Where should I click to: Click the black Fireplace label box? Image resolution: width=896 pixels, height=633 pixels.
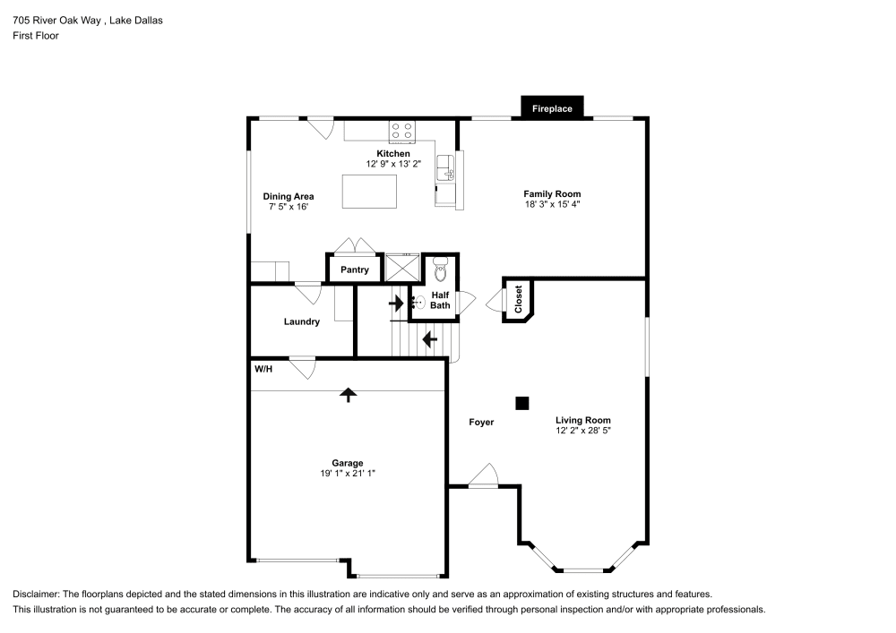552,108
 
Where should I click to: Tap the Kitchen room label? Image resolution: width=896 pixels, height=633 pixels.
392,154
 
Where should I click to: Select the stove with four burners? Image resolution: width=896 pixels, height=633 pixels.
401,132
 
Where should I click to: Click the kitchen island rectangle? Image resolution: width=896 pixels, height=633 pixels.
369,192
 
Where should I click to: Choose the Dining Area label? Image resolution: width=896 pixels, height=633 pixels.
288,197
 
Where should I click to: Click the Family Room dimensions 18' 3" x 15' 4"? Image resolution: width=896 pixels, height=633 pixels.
552,204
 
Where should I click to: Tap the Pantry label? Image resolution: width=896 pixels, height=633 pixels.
355,269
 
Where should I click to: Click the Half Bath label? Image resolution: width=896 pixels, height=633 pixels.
440,300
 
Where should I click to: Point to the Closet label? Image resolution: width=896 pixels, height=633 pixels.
518,299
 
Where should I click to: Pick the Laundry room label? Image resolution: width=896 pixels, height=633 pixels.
301,321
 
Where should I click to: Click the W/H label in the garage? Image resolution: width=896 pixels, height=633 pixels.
263,369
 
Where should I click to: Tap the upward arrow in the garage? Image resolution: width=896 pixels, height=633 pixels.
348,394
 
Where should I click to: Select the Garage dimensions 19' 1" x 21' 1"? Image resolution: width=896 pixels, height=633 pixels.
347,473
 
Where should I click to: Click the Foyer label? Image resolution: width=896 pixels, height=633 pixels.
481,422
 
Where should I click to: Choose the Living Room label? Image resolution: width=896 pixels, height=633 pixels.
582,420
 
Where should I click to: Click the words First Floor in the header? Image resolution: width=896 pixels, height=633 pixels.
36,36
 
